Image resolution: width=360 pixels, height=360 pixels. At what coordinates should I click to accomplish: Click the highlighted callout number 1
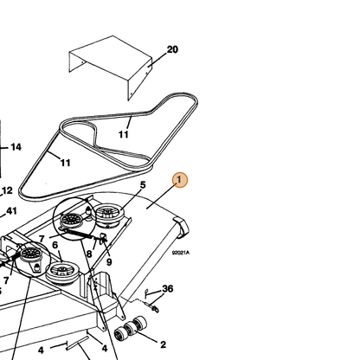[x=180, y=180]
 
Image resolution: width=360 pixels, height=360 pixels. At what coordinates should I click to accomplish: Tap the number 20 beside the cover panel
[x=172, y=49]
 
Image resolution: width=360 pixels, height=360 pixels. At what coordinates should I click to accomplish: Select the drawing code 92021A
[x=181, y=253]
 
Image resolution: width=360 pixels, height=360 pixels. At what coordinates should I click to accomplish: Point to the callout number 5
[x=143, y=185]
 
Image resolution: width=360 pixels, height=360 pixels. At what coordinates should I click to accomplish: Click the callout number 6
[x=55, y=245]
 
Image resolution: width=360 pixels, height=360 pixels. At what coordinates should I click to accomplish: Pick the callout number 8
[x=89, y=254]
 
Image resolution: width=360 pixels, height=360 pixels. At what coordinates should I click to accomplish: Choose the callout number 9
[x=109, y=262]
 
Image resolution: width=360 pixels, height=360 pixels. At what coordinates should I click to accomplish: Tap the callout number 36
[x=168, y=288]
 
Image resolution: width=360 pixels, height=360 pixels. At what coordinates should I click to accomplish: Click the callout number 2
[x=163, y=344]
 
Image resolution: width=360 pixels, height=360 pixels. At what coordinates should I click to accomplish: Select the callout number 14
[x=16, y=147]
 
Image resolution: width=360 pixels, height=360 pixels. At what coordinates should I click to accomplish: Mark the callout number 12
[x=7, y=190]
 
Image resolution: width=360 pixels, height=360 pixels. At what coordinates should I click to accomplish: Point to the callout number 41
[x=11, y=211]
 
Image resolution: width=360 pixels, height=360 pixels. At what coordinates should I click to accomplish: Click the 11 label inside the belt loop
[x=124, y=134]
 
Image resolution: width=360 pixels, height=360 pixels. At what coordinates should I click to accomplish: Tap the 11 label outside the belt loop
[x=66, y=163]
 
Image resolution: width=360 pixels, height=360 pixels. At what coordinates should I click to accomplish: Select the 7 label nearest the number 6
[x=42, y=239]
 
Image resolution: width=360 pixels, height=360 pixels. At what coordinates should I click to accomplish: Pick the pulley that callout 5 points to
[x=108, y=215]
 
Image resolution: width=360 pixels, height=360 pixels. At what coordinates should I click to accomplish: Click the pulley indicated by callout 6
[x=62, y=273]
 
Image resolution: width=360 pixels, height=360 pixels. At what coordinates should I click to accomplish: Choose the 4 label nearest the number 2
[x=105, y=349]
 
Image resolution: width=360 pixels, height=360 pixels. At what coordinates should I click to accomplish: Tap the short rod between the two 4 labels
[x=77, y=344]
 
